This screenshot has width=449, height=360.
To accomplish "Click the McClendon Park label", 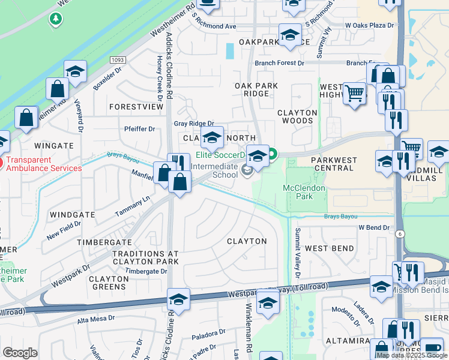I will (x=304, y=192).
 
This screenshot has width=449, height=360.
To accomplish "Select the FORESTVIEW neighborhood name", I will (x=136, y=107).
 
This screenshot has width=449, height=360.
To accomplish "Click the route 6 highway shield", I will (x=399, y=235).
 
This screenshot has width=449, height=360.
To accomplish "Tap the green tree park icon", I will (x=56, y=19).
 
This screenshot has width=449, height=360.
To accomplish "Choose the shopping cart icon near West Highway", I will (x=355, y=94).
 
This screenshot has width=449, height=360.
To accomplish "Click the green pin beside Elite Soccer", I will (x=273, y=155).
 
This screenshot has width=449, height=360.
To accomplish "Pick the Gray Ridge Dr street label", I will (x=193, y=123).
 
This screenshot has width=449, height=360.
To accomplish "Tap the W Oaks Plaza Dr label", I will (x=369, y=26).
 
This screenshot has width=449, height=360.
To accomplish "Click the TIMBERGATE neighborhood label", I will (x=104, y=242).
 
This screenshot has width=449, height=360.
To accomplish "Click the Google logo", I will (x=20, y=352).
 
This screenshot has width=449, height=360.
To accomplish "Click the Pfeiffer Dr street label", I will (x=139, y=128).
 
